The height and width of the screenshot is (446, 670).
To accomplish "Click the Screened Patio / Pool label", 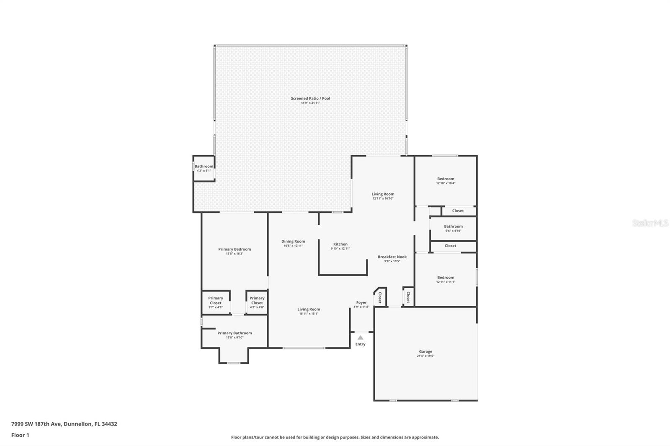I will [x=310, y=99].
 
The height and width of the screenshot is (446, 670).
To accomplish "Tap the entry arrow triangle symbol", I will [x=360, y=338].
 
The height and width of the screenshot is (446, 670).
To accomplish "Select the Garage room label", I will [x=425, y=352].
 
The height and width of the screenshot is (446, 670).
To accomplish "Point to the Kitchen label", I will [x=340, y=244].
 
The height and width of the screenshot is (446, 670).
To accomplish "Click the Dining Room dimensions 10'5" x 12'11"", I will [x=293, y=246].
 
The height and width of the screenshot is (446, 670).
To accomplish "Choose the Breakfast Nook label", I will [x=392, y=257].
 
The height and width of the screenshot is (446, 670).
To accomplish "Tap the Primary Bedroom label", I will [x=234, y=249].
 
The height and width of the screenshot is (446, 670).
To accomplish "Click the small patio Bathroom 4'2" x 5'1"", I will [x=204, y=168].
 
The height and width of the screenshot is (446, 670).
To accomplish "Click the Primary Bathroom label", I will [x=234, y=333].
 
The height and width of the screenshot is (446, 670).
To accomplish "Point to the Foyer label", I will [x=361, y=302].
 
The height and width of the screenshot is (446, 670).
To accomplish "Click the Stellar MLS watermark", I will [x=650, y=223].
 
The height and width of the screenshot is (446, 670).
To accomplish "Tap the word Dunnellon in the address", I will [x=77, y=424].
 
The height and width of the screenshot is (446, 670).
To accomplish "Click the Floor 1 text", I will [x=20, y=435].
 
